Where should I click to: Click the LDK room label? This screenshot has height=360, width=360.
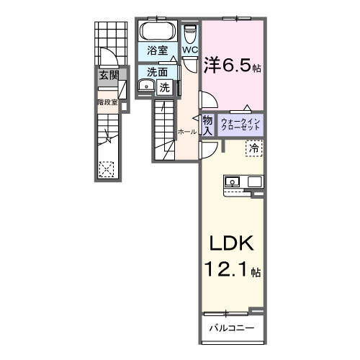[x=232, y=243]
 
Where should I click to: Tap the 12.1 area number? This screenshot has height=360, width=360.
[x=225, y=269]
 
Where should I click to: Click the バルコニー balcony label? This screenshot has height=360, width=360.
[x=232, y=328]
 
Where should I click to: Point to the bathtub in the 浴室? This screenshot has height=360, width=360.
[x=158, y=31]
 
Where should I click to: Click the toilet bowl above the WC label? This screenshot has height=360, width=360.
[x=189, y=35]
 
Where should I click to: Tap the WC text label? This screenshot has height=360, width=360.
[x=190, y=50]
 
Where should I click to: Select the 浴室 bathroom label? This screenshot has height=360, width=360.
[x=158, y=50]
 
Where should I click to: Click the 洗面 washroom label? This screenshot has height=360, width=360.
[x=158, y=72]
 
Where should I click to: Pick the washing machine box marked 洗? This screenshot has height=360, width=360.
[x=165, y=88]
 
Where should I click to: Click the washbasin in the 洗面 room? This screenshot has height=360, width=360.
[x=146, y=85]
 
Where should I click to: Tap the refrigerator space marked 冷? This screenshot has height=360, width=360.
[x=254, y=148]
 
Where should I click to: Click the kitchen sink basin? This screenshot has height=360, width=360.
[x=232, y=181]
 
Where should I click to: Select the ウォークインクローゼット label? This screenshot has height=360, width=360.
[x=240, y=125]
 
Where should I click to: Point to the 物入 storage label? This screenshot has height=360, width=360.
[x=207, y=125]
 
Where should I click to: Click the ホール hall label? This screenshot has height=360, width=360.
[x=187, y=132]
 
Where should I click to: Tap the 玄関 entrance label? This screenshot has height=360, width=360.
[x=109, y=76]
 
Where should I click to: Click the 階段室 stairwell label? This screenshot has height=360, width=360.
[x=108, y=102]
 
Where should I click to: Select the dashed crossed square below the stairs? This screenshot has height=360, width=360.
[x=107, y=169]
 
